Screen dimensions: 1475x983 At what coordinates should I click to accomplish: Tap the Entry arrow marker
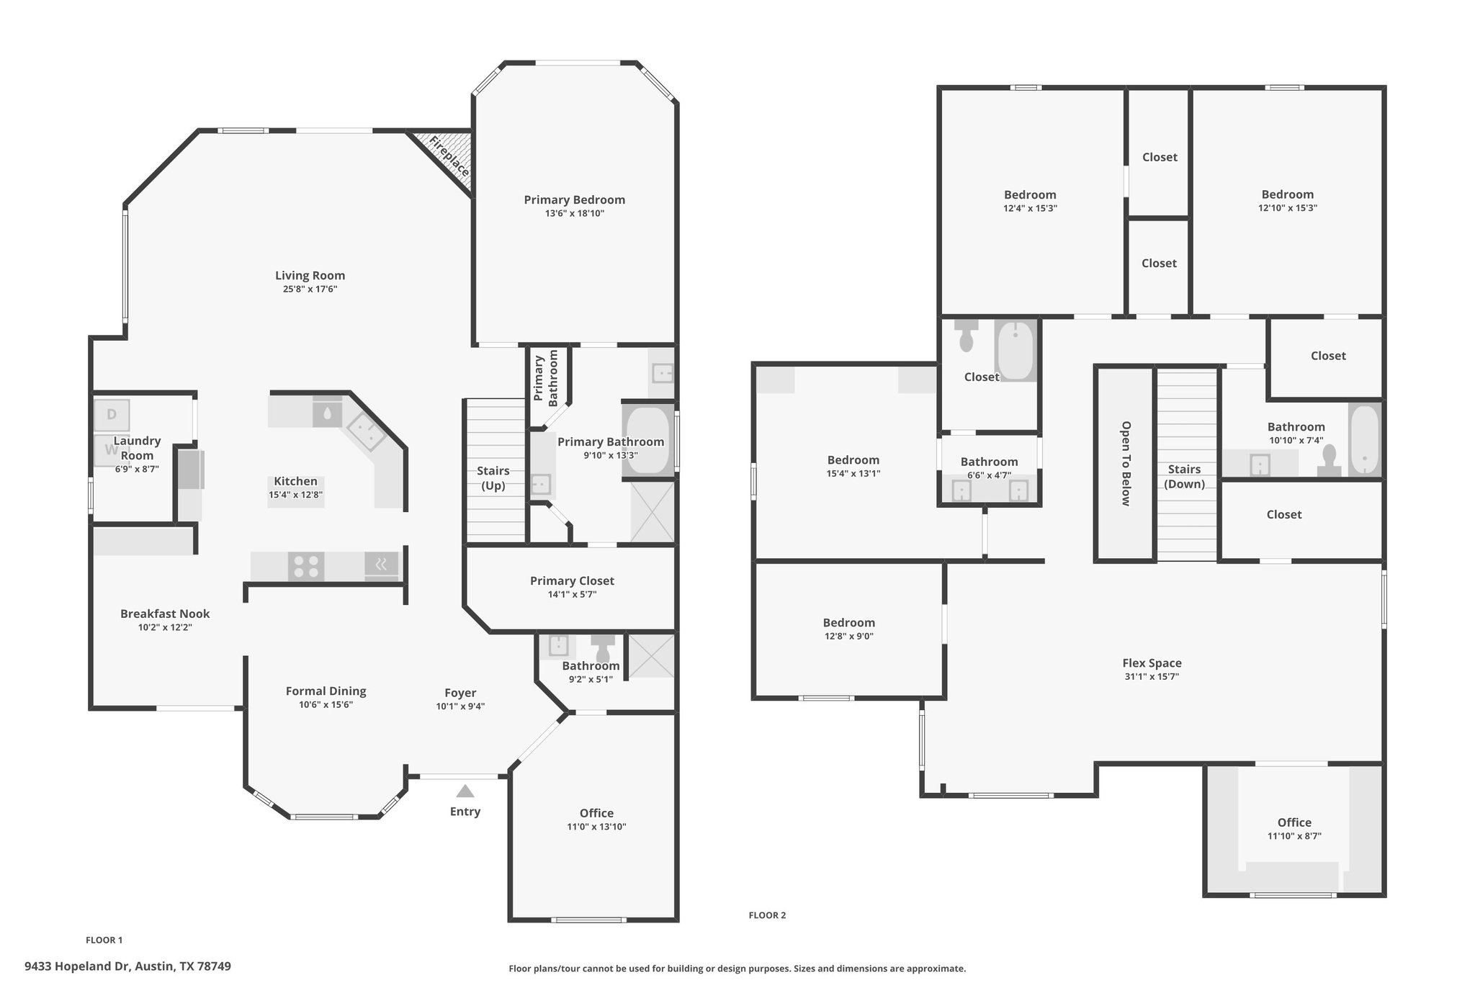pos(465,791)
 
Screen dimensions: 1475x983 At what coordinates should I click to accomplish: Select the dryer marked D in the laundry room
pos(112,415)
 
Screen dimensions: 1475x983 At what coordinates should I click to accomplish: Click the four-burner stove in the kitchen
pos(306,566)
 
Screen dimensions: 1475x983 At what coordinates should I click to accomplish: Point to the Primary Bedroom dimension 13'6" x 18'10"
pos(574,214)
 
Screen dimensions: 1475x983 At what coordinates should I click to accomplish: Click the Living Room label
pos(310,275)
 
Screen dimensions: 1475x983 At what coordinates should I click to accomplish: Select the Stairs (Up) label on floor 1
pos(493,478)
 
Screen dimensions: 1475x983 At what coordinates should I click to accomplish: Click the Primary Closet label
pos(572,580)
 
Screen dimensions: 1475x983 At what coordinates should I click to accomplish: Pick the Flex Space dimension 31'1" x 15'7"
pos(1152,677)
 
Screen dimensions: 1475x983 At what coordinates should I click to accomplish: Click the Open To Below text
pos(1125,464)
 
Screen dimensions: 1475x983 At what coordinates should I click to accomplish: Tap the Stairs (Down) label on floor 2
pos(1184,477)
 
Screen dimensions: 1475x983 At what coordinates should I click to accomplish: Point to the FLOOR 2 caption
pos(767,915)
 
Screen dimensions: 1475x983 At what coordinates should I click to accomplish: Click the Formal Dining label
pos(326,691)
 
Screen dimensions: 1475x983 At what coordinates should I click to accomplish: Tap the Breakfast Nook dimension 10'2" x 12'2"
pos(165,627)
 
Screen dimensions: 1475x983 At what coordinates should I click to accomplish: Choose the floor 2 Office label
pos(1294,822)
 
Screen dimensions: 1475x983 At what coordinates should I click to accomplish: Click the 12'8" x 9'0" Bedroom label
pos(849,623)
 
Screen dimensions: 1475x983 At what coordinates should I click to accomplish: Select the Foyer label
pos(460,693)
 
